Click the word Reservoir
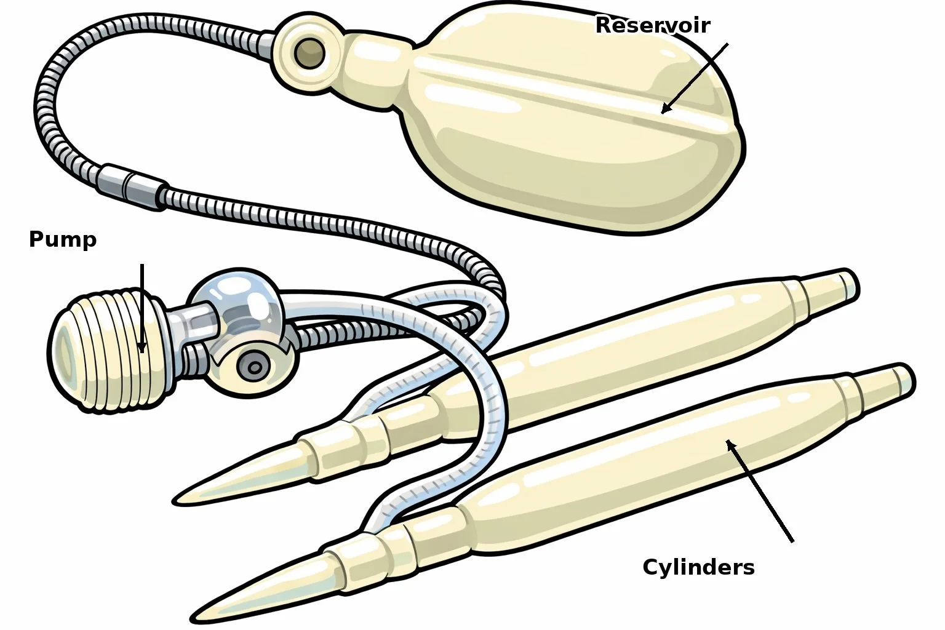point(653,25)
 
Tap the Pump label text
point(63,239)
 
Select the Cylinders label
point(698,567)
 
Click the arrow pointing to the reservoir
point(695,78)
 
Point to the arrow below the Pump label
point(142,308)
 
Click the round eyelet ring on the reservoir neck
point(309,54)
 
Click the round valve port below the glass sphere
point(252,367)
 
